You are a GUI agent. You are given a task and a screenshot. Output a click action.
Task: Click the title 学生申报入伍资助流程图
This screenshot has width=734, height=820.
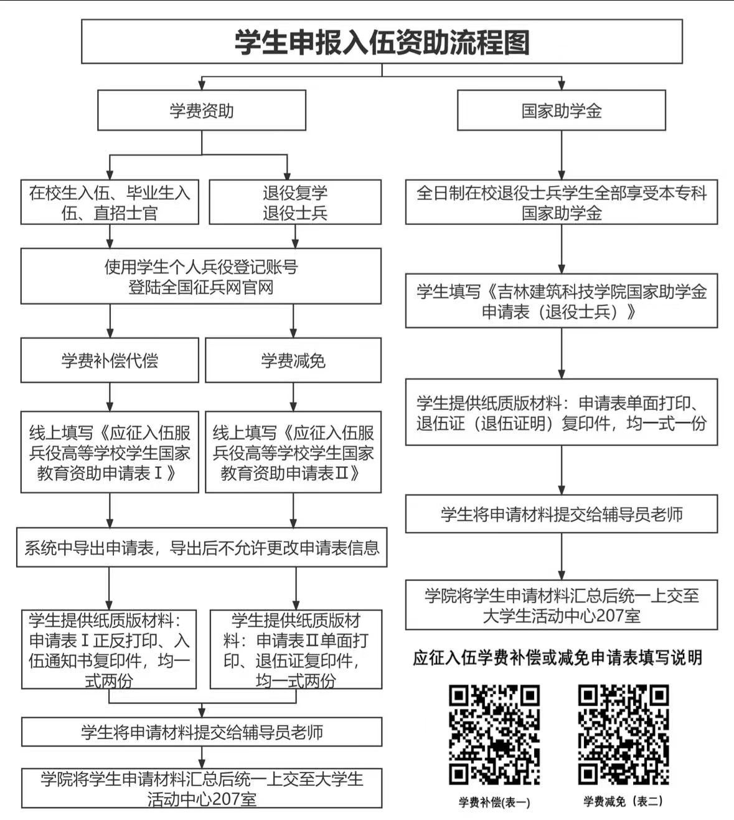(382, 42)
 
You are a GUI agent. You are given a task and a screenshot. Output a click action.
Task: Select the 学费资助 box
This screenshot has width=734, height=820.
(201, 110)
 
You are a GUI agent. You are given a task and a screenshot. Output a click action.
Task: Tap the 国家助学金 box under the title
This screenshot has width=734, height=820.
(562, 110)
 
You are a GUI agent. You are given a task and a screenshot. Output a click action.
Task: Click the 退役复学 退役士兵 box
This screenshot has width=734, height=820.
(295, 202)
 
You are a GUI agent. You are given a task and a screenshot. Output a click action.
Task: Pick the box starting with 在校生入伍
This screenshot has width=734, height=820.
(110, 202)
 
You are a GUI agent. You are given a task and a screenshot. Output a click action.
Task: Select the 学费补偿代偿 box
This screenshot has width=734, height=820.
(110, 360)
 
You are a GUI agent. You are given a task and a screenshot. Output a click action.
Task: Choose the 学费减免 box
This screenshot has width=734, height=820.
(293, 360)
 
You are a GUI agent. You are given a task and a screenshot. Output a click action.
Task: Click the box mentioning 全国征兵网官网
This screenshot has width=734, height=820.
(201, 276)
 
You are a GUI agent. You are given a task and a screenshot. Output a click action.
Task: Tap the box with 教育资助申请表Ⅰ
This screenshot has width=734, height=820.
(110, 452)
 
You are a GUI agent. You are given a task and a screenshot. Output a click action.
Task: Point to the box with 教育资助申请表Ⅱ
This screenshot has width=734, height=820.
(293, 452)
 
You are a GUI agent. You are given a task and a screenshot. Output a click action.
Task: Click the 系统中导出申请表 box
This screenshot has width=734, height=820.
(202, 547)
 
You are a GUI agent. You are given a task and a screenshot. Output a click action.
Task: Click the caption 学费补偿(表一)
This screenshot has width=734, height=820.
(494, 802)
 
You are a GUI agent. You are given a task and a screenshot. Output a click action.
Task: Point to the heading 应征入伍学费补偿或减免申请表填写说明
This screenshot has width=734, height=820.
(558, 658)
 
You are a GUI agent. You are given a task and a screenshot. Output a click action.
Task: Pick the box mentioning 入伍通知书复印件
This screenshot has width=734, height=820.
(109, 649)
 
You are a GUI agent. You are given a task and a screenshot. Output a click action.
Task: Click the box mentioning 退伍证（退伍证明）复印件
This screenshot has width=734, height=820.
(562, 412)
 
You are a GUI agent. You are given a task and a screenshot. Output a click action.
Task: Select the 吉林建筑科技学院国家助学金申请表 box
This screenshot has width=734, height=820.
(562, 301)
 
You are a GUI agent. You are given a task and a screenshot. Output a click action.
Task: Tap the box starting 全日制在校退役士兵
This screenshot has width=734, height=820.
(562, 202)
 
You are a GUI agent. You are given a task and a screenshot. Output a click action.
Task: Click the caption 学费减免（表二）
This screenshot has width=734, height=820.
(623, 801)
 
